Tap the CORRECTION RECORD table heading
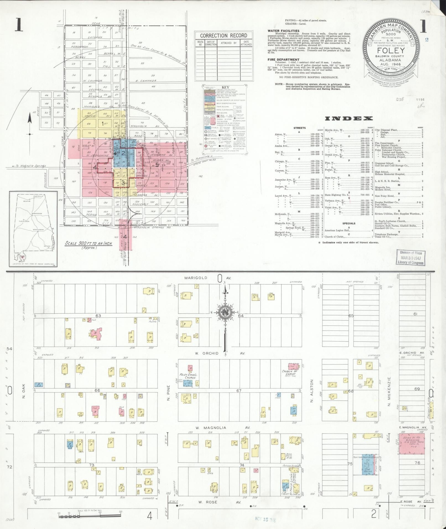(x=223, y=36)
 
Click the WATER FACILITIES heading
(x=283, y=31)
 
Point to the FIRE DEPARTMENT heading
(x=283, y=59)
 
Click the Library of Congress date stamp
(x=410, y=257)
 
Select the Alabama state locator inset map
(x=33, y=229)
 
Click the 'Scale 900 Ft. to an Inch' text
(x=84, y=244)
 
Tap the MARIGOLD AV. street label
(x=210, y=278)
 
